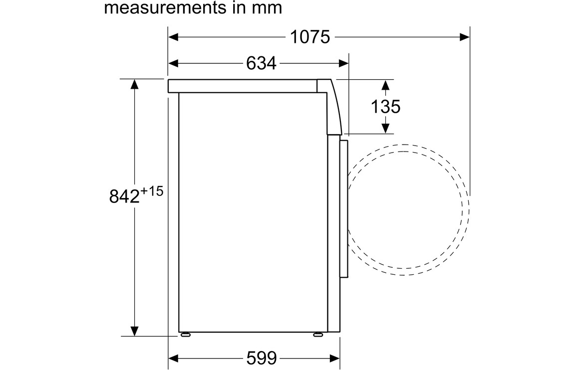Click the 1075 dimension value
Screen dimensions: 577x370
pos(310,37)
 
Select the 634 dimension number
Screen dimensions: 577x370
pos(261,63)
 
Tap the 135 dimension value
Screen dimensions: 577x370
pos(385,107)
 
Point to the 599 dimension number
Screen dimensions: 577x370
pos(261,358)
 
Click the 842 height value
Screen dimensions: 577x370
pos(124,196)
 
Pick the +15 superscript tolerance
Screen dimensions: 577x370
pos(152,191)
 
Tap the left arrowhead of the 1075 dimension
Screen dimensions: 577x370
pos(173,37)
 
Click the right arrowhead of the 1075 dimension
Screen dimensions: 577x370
pos(464,37)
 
